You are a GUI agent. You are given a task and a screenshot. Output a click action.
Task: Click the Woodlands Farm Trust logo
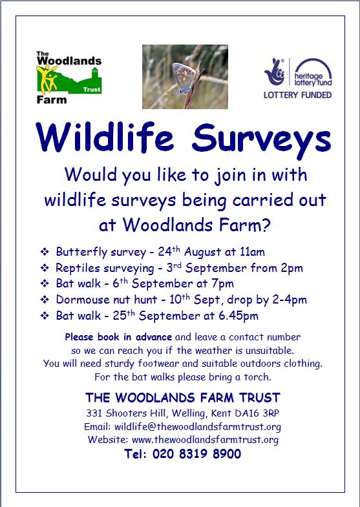(x=69, y=78)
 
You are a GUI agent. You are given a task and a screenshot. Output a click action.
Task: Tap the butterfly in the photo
(x=183, y=78)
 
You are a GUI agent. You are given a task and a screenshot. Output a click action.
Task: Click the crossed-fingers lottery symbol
(x=275, y=72)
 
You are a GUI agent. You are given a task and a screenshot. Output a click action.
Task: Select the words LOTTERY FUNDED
(x=297, y=95)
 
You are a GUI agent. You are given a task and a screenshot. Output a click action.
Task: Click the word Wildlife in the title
(x=105, y=136)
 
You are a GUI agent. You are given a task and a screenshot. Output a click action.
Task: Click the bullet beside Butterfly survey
(x=45, y=252)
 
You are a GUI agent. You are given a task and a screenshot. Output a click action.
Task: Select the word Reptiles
(x=76, y=269)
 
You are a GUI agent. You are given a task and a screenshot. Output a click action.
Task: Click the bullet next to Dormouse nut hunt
(x=45, y=300)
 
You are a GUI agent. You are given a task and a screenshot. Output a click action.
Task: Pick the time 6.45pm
(x=238, y=316)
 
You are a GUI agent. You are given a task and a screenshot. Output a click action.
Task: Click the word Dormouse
(x=79, y=300)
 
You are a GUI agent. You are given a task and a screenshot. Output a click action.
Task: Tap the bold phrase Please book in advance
(x=118, y=337)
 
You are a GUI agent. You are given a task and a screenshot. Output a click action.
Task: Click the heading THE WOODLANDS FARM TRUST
(x=183, y=397)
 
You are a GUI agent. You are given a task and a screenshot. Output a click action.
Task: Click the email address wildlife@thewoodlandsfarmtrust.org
(x=198, y=427)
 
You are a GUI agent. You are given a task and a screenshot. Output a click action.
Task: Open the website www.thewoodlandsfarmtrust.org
(x=205, y=440)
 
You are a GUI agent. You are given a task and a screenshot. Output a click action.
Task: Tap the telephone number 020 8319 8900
(x=196, y=453)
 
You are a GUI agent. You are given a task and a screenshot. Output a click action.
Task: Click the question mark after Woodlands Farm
(x=266, y=225)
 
